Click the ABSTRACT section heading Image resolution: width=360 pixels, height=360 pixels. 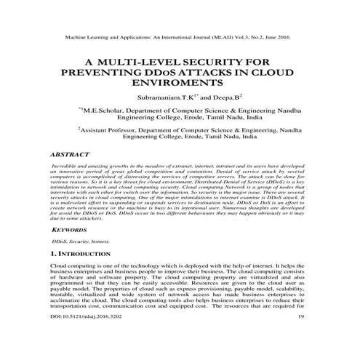pyautogui.click(x=71, y=155)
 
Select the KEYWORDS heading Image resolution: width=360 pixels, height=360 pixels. pyautogui.click(x=70, y=228)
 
